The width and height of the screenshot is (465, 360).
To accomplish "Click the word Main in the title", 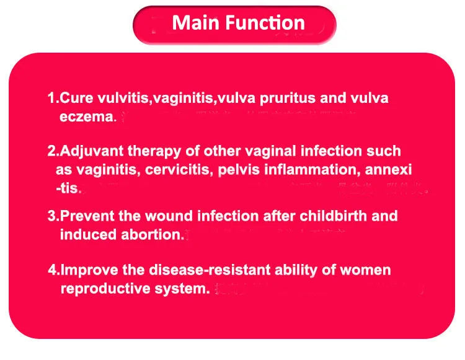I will click(193, 23).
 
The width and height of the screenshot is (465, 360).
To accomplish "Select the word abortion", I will click(153, 234).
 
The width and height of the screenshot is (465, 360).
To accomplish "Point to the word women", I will click(366, 271).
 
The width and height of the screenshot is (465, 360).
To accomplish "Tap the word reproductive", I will click(105, 289).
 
